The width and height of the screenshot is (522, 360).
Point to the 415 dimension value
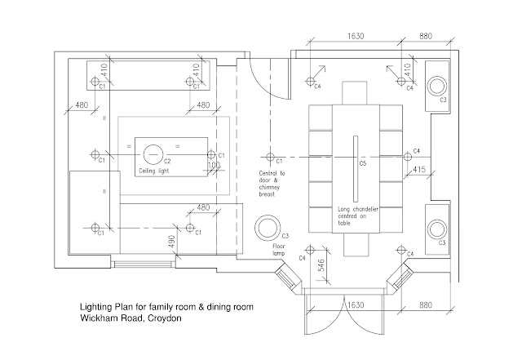pos(418,169)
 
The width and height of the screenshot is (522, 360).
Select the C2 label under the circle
pos(167,162)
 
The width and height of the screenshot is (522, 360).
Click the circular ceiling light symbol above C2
pos(154,153)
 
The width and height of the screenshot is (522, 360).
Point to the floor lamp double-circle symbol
pos(268,226)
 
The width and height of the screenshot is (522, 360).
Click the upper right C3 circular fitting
pos(438,84)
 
